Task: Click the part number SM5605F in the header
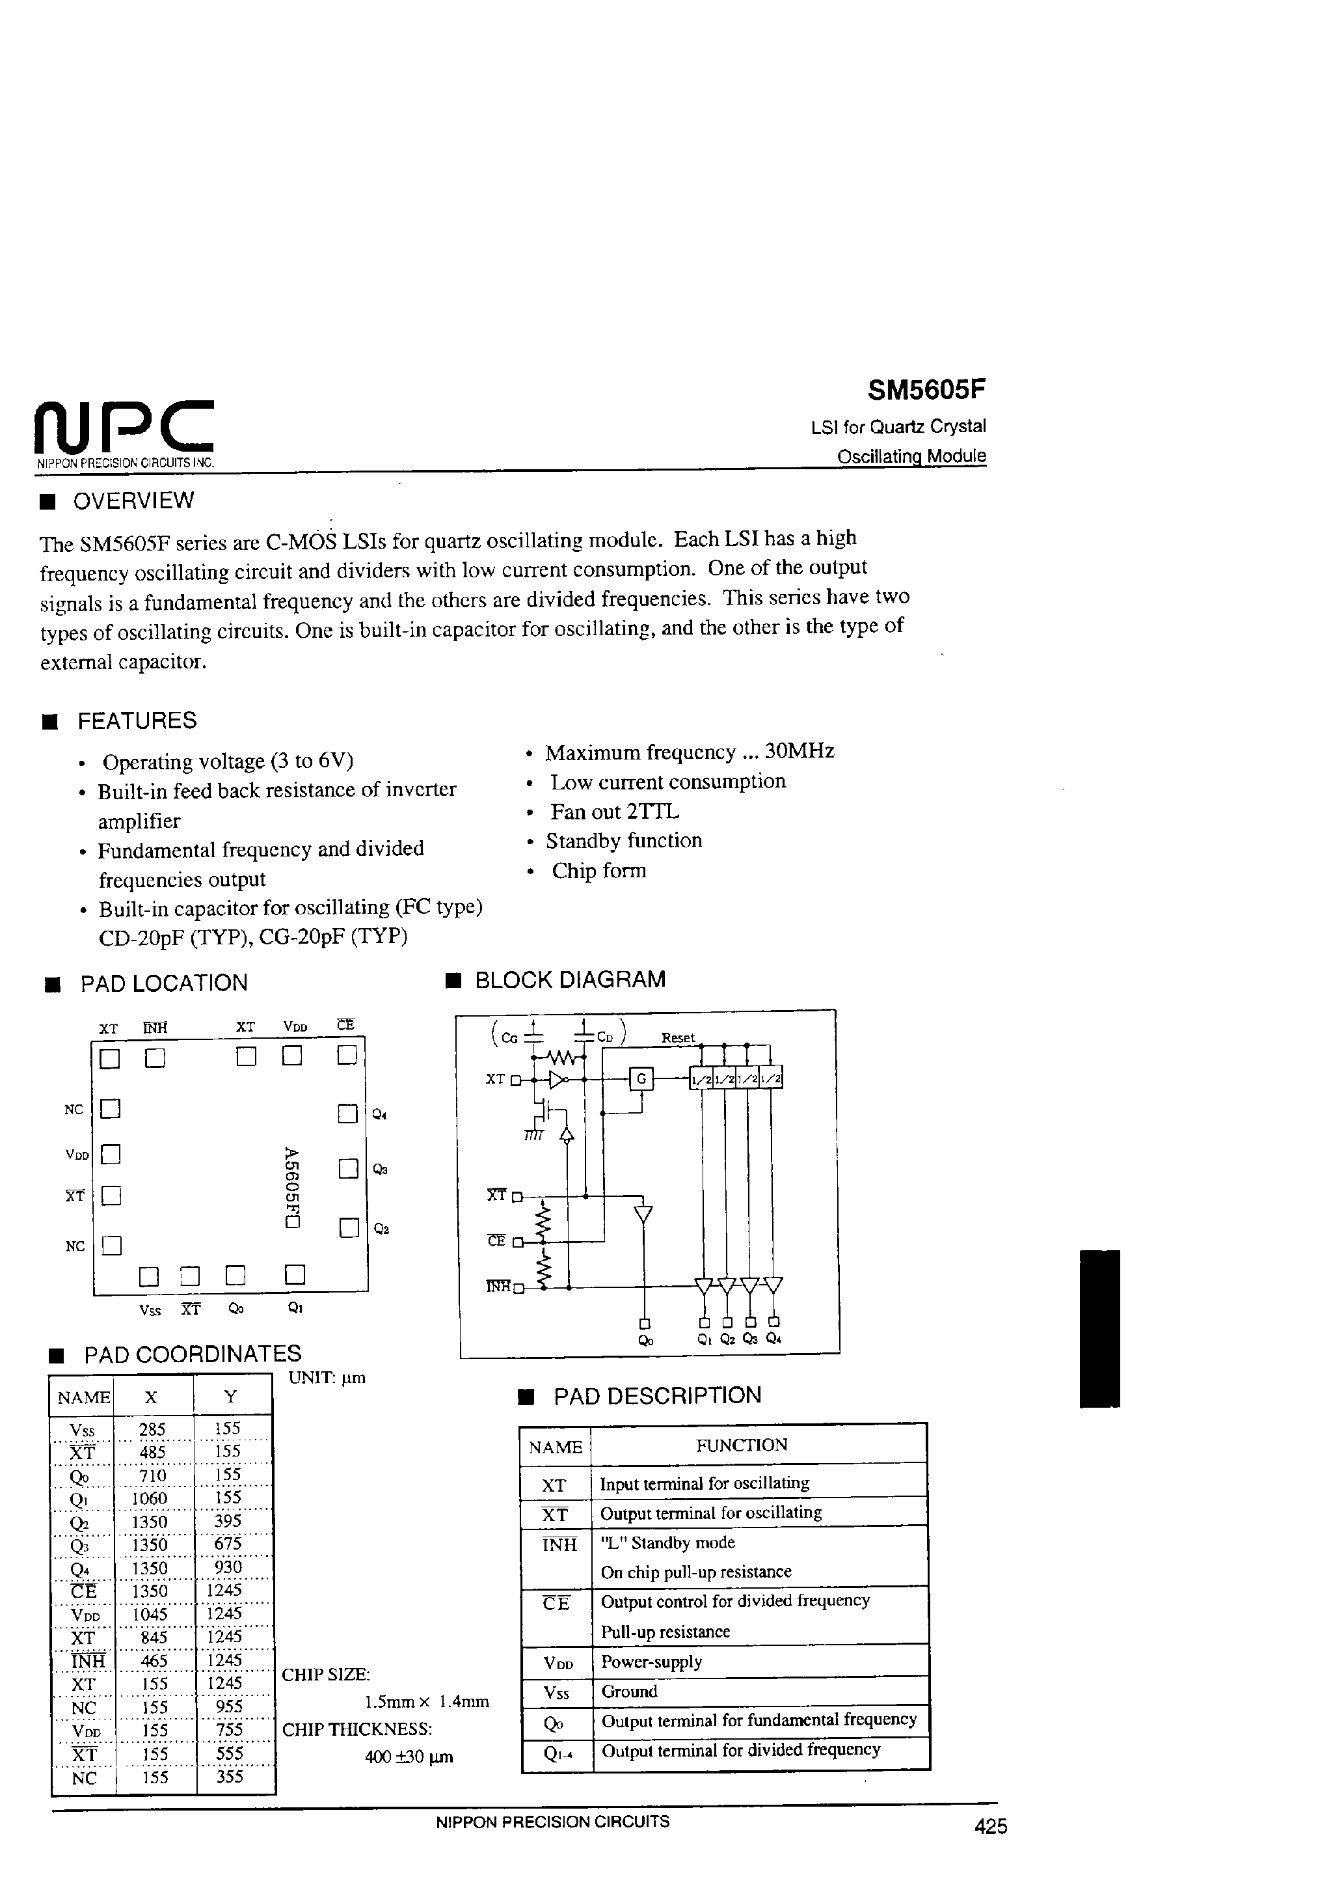coord(926,390)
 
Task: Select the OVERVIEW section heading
coord(133,500)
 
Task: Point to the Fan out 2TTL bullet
coord(614,812)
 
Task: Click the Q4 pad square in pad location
coord(348,1114)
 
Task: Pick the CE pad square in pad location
coord(347,1055)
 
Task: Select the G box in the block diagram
coord(641,1079)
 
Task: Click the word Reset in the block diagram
coord(678,1037)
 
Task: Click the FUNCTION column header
coord(741,1445)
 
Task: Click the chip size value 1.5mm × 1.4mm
coord(427,1702)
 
